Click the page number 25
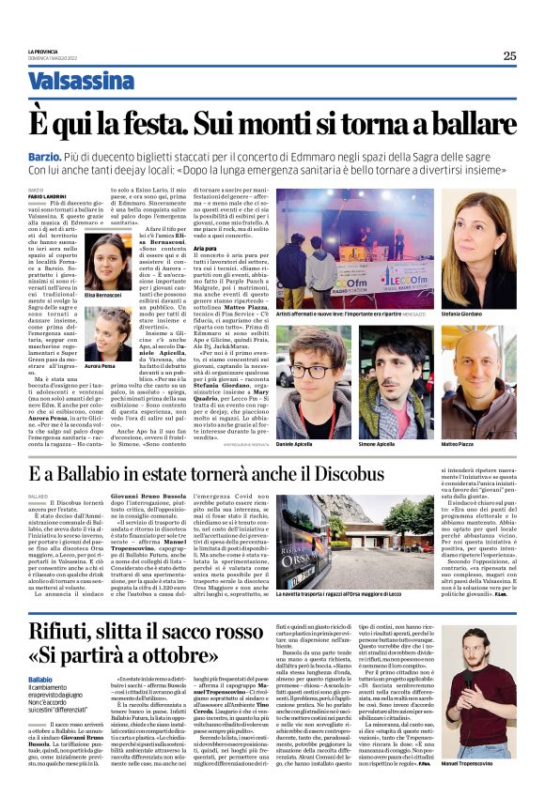tap(508, 55)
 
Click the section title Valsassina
tap(81, 82)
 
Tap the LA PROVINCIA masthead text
tap(43, 52)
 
